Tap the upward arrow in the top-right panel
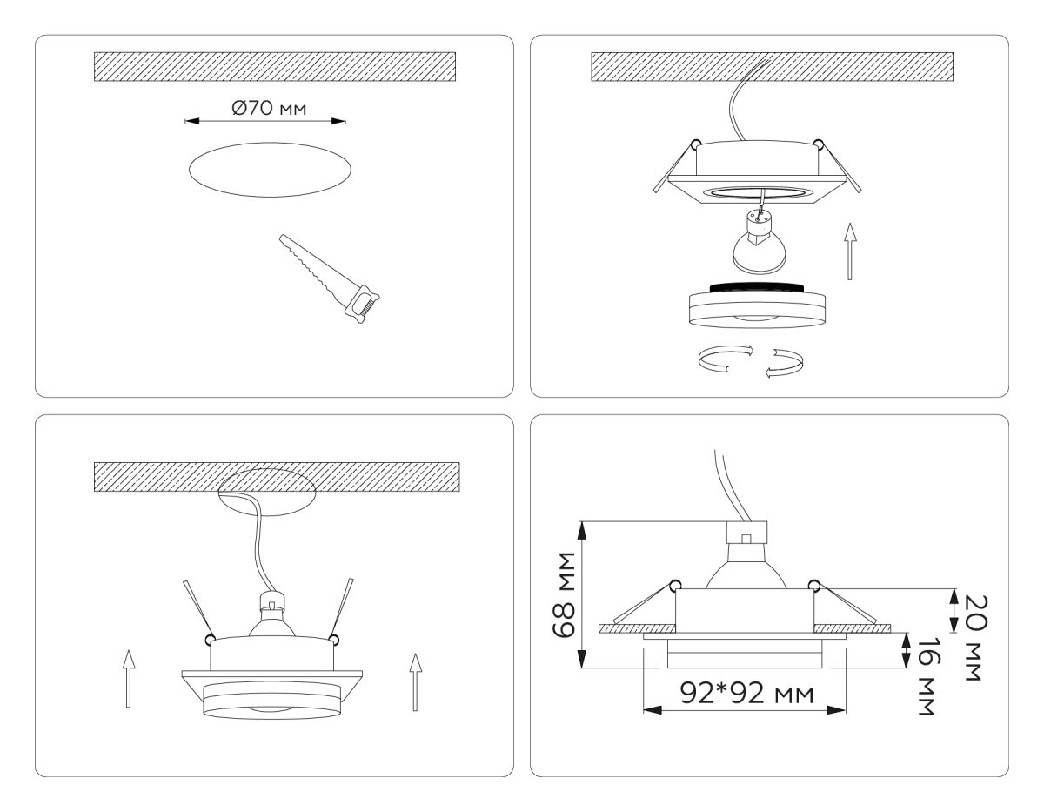tap(851, 253)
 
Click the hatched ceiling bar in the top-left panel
tap(275, 66)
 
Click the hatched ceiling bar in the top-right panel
tap(772, 66)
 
